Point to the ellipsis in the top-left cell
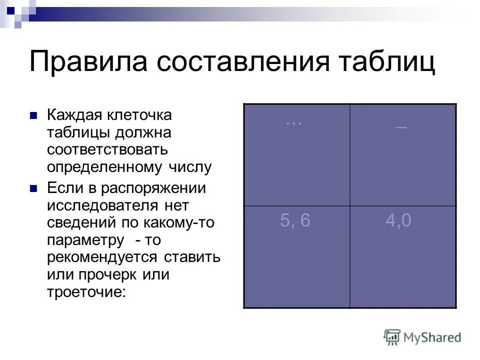294,123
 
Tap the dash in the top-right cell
401,128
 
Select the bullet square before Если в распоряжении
34,189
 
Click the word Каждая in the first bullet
74,115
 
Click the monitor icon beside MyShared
392,336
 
